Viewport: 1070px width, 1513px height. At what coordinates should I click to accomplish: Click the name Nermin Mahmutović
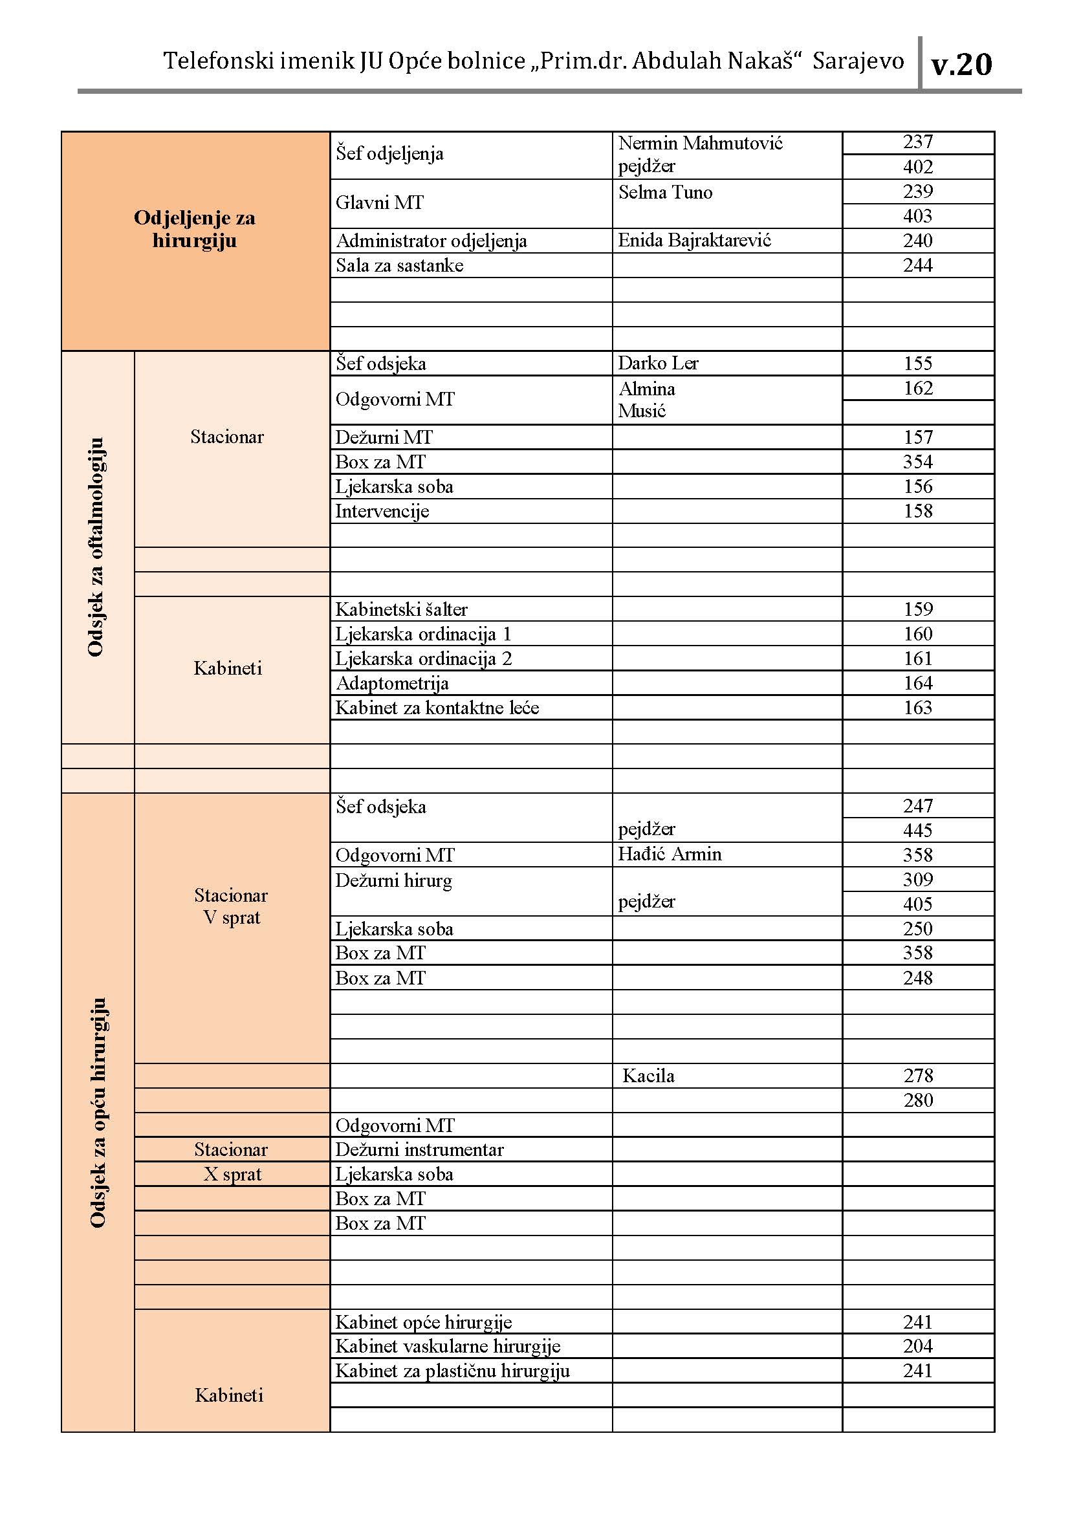coord(700,143)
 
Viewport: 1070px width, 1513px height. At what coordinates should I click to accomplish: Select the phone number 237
coord(917,142)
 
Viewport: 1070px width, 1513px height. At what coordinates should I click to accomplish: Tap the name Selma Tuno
coord(665,192)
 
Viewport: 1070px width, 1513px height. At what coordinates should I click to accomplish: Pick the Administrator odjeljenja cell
coord(431,241)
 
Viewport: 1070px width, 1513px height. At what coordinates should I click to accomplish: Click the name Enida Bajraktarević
coord(693,241)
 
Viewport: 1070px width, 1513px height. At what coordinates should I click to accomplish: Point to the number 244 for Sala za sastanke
coord(917,266)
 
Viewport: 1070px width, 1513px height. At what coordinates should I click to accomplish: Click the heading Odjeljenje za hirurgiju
coord(194,228)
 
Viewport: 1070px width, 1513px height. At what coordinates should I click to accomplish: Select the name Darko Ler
coord(657,363)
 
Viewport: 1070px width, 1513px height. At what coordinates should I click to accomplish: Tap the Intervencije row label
coord(382,512)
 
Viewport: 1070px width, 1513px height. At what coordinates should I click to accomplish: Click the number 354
coord(917,462)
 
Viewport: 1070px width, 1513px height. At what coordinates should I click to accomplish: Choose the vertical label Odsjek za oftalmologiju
coord(96,547)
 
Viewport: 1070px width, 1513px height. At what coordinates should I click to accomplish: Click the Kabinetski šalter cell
coord(401,609)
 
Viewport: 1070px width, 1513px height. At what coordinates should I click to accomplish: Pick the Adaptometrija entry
coord(392,683)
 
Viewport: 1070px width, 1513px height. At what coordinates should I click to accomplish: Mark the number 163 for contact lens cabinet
coord(917,708)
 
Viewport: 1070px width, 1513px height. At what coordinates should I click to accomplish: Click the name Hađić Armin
coord(670,854)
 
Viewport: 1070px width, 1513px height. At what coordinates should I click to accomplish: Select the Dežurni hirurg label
coord(393,881)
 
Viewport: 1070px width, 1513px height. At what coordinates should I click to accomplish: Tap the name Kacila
coord(648,1076)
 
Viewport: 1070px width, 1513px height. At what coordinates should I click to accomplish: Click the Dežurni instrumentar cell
coord(419,1150)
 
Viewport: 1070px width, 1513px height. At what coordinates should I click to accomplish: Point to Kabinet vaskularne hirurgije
coord(448,1346)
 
